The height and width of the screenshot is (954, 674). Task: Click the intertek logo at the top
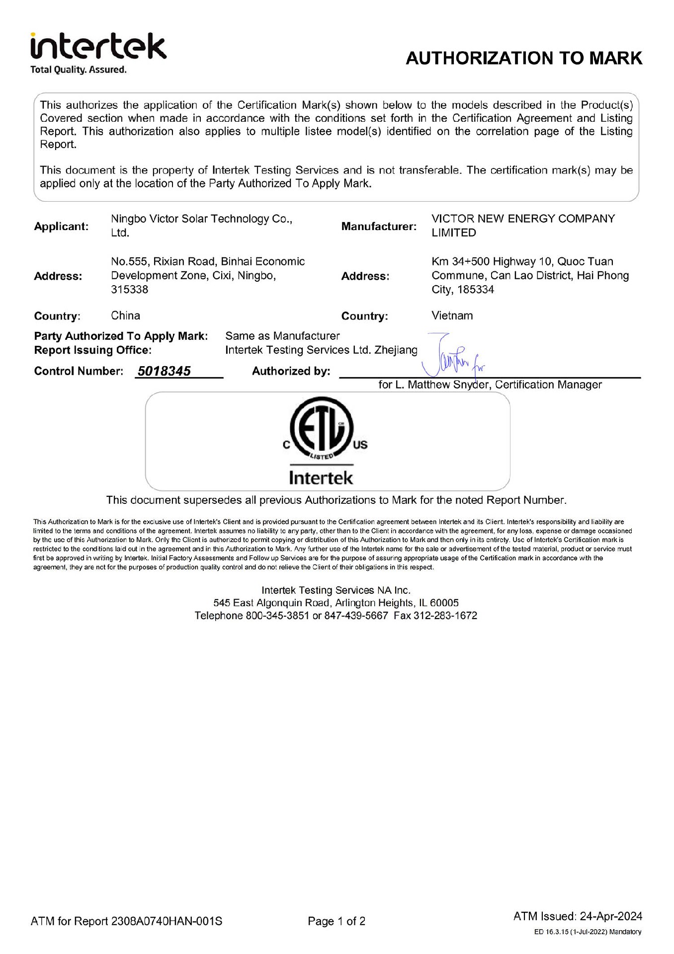(98, 47)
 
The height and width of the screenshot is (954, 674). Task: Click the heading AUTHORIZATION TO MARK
(524, 58)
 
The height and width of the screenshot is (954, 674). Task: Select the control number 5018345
(164, 371)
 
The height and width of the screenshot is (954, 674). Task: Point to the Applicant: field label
(61, 227)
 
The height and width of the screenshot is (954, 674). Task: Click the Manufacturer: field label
(379, 227)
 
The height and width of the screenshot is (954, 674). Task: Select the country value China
(126, 316)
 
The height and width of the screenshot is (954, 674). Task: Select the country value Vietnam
(452, 316)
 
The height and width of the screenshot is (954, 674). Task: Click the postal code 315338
(130, 290)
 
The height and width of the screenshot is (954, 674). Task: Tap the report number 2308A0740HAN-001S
(167, 921)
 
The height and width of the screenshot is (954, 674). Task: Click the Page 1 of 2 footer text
(337, 921)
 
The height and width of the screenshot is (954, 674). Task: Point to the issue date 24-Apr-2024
(611, 916)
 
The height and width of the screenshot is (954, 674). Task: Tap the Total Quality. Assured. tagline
(79, 70)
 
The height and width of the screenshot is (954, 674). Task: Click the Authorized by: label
(291, 371)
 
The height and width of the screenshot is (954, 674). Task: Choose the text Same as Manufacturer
(282, 336)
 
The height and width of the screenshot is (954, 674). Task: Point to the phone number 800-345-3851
(277, 616)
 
